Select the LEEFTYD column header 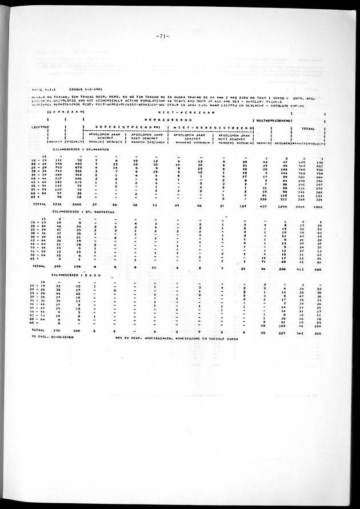[x=39, y=121]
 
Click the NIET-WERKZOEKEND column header [x=274, y=121]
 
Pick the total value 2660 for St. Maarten [x=77, y=203]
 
